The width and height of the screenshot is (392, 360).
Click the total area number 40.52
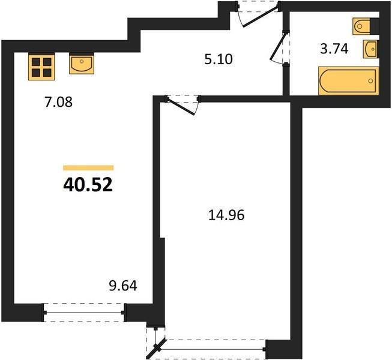click(x=88, y=185)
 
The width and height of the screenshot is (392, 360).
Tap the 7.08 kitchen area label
click(x=58, y=102)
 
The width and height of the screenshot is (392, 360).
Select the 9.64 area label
click(x=123, y=286)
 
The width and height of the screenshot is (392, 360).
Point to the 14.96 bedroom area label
click(x=226, y=215)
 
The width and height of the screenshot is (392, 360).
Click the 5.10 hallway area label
click(x=219, y=59)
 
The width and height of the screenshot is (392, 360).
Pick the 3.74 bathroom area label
click(x=334, y=49)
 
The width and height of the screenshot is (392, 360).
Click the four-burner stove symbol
click(x=41, y=67)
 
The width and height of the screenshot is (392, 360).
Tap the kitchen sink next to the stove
click(x=82, y=64)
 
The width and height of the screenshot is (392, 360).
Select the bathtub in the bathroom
click(x=349, y=80)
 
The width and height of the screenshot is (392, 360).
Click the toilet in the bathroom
click(x=361, y=26)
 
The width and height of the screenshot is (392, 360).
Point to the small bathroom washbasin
click(x=370, y=49)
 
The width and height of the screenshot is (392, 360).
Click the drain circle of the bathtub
click(x=371, y=80)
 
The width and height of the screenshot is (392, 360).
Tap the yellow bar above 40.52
click(x=88, y=167)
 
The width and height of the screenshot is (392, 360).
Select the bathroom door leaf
click(x=277, y=47)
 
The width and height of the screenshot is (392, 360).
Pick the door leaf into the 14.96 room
click(x=181, y=107)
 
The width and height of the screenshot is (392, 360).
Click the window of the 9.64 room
click(x=84, y=313)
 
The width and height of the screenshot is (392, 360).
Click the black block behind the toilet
click(x=375, y=26)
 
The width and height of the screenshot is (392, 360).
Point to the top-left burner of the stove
click(x=36, y=61)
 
